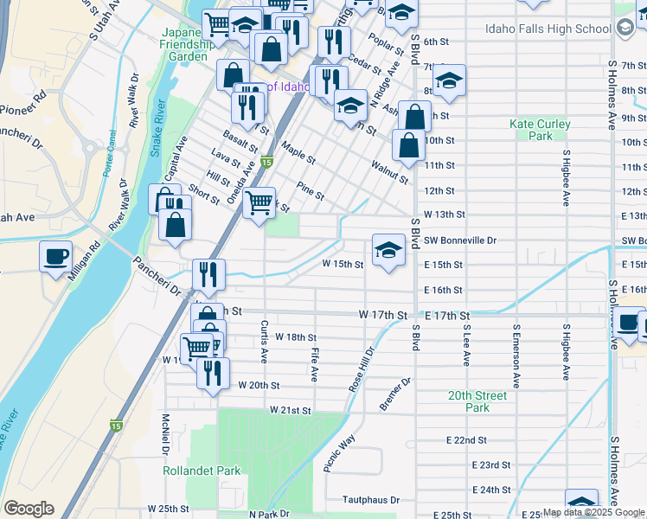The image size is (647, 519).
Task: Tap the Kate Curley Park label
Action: (541, 130)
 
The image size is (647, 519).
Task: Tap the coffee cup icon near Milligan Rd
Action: (56, 256)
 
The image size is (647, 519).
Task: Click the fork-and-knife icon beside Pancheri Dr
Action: (208, 274)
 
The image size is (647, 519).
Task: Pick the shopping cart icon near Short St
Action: (259, 203)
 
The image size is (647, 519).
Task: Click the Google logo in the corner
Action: (29, 509)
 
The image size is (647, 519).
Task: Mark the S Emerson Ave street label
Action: (516, 356)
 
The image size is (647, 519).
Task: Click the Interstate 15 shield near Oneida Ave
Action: (267, 162)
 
